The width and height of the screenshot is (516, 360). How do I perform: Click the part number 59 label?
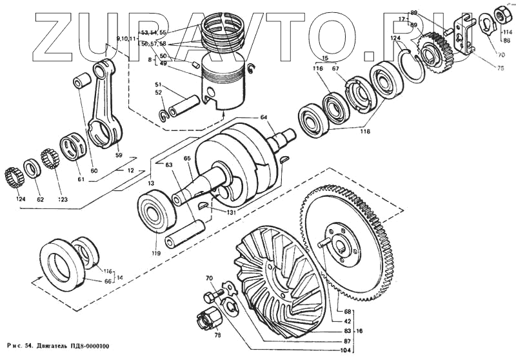[x=118, y=155]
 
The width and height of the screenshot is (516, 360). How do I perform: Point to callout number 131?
[x=230, y=212]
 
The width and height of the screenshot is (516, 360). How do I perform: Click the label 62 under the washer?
[x=40, y=199]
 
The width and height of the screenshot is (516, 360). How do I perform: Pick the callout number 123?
[x=62, y=199]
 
